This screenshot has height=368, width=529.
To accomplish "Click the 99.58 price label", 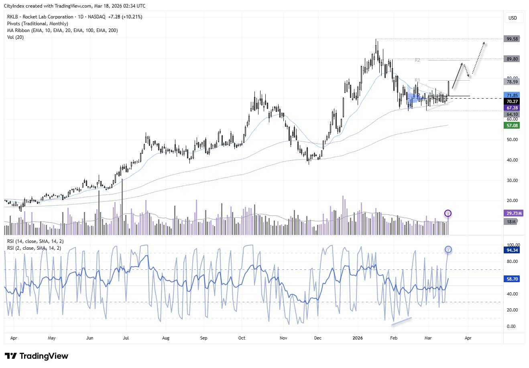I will click(x=512, y=39).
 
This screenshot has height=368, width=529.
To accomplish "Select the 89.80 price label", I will click(x=512, y=59).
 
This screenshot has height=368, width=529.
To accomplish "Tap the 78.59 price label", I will click(x=512, y=82).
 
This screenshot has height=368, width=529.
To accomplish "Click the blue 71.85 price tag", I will click(x=512, y=95).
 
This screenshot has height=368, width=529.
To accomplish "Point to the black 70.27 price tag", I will click(x=512, y=102).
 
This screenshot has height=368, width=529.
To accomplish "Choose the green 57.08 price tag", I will click(x=512, y=125).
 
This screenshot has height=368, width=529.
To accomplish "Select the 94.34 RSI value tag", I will click(x=512, y=250).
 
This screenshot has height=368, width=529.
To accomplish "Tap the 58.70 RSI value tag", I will click(x=512, y=279).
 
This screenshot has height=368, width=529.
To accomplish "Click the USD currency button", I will click(x=513, y=18).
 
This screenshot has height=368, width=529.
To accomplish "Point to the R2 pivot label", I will click(x=417, y=60).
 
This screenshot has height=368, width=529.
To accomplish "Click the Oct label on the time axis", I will click(x=242, y=338).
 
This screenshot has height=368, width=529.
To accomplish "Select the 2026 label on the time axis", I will click(x=358, y=338).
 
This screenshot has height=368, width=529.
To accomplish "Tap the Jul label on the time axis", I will click(x=126, y=338).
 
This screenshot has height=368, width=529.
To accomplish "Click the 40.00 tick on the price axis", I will click(x=512, y=160).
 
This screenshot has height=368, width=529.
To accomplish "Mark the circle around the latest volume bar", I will click(x=448, y=213).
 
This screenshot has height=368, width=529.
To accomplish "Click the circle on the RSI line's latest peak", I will click(x=448, y=250).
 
